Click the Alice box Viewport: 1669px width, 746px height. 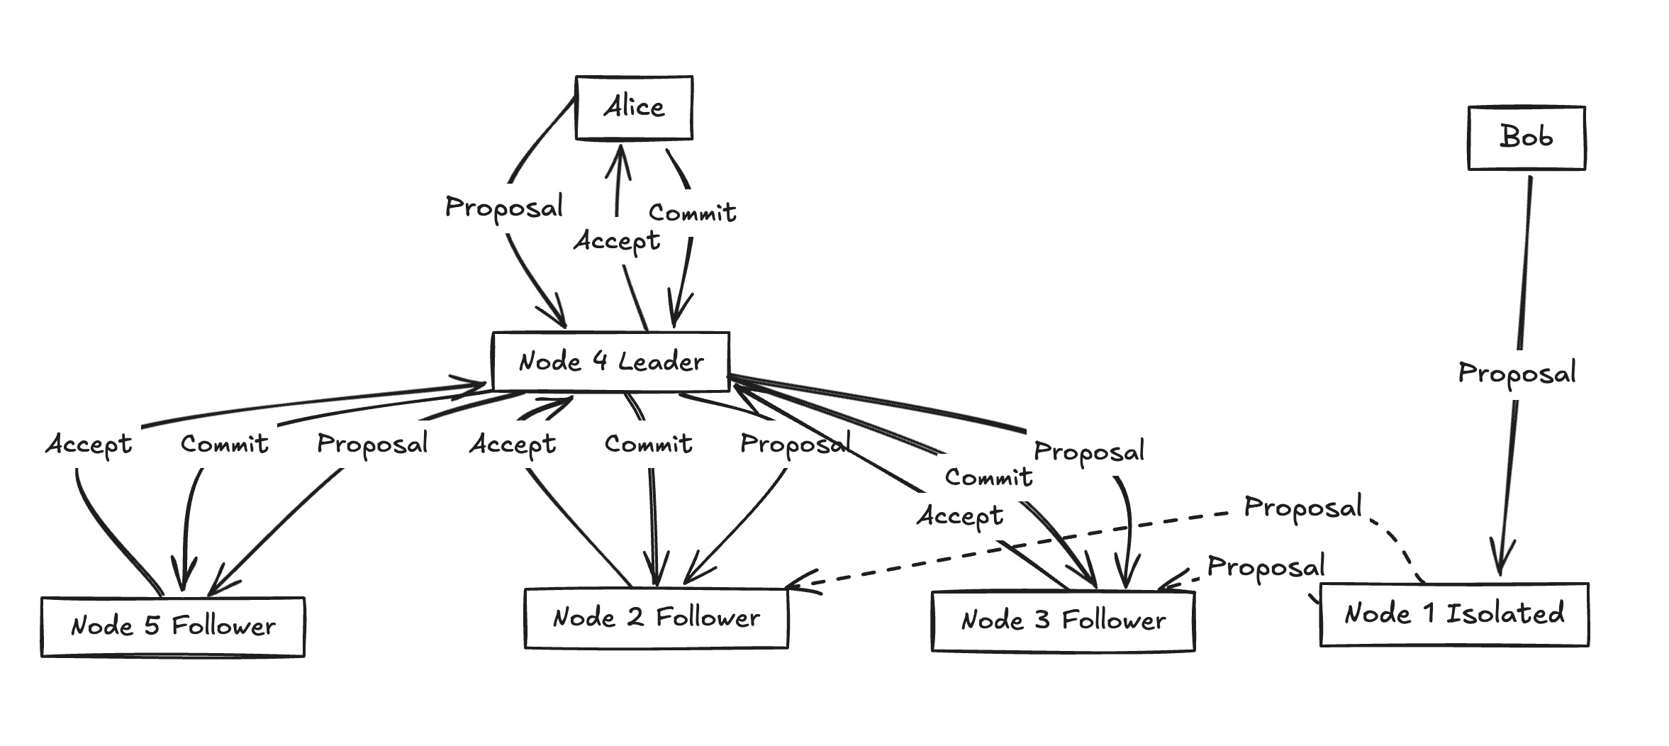coord(634,108)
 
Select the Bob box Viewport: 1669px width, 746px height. coord(1526,138)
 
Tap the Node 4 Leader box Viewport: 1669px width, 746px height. coord(610,362)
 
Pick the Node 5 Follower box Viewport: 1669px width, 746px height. coord(173,627)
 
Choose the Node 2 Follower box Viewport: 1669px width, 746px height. coord(656,618)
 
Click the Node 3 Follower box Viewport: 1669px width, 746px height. coord(1063,621)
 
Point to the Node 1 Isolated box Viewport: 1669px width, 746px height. coord(1453,614)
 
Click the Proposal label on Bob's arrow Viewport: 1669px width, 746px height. coord(1517,374)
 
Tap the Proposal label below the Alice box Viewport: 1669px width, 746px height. coord(504,207)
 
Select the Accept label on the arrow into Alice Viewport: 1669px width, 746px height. coord(617,242)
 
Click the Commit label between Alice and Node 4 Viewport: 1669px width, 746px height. coord(692,213)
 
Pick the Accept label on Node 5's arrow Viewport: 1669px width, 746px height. coord(89,445)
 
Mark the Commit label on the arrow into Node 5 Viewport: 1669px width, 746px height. coord(224,445)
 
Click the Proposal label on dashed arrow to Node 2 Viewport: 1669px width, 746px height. coord(1302,508)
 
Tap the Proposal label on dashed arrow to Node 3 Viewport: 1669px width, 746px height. coord(1266,567)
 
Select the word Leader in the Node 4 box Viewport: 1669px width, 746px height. coord(661,362)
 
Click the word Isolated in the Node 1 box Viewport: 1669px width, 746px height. coord(1505,613)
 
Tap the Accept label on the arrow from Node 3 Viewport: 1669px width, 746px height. coord(960,516)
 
